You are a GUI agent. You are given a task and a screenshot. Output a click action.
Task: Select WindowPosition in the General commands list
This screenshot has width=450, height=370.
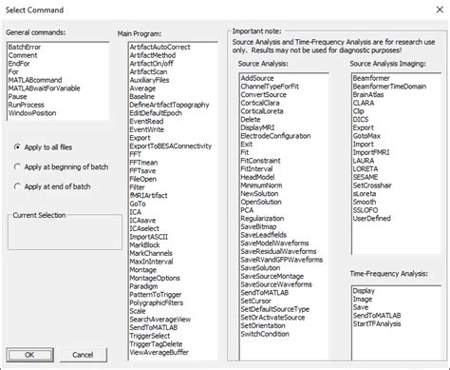click(31, 113)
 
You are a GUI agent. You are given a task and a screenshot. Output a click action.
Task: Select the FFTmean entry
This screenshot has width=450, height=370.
click(143, 162)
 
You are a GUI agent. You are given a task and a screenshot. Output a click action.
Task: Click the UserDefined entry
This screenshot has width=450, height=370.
click(371, 217)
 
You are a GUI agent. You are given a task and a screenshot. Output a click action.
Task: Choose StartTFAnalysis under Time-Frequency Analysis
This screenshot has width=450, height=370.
click(376, 325)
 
